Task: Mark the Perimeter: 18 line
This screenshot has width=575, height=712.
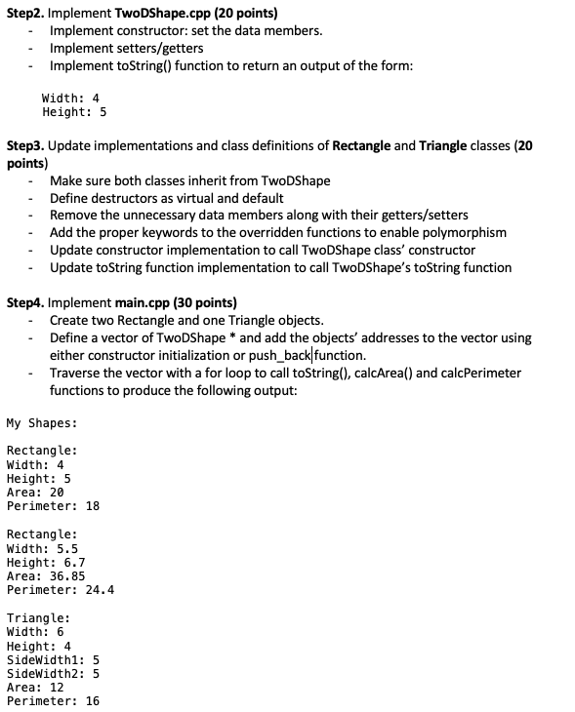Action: pyautogui.click(x=53, y=506)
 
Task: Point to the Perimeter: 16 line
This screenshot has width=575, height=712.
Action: pyautogui.click(x=53, y=701)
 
